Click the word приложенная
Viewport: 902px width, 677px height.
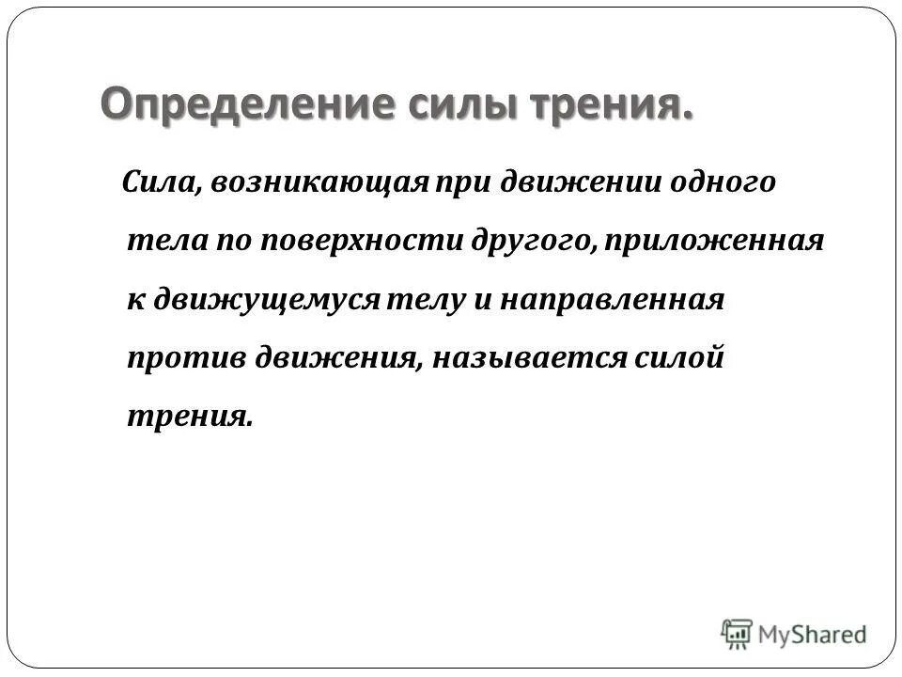(717, 241)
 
